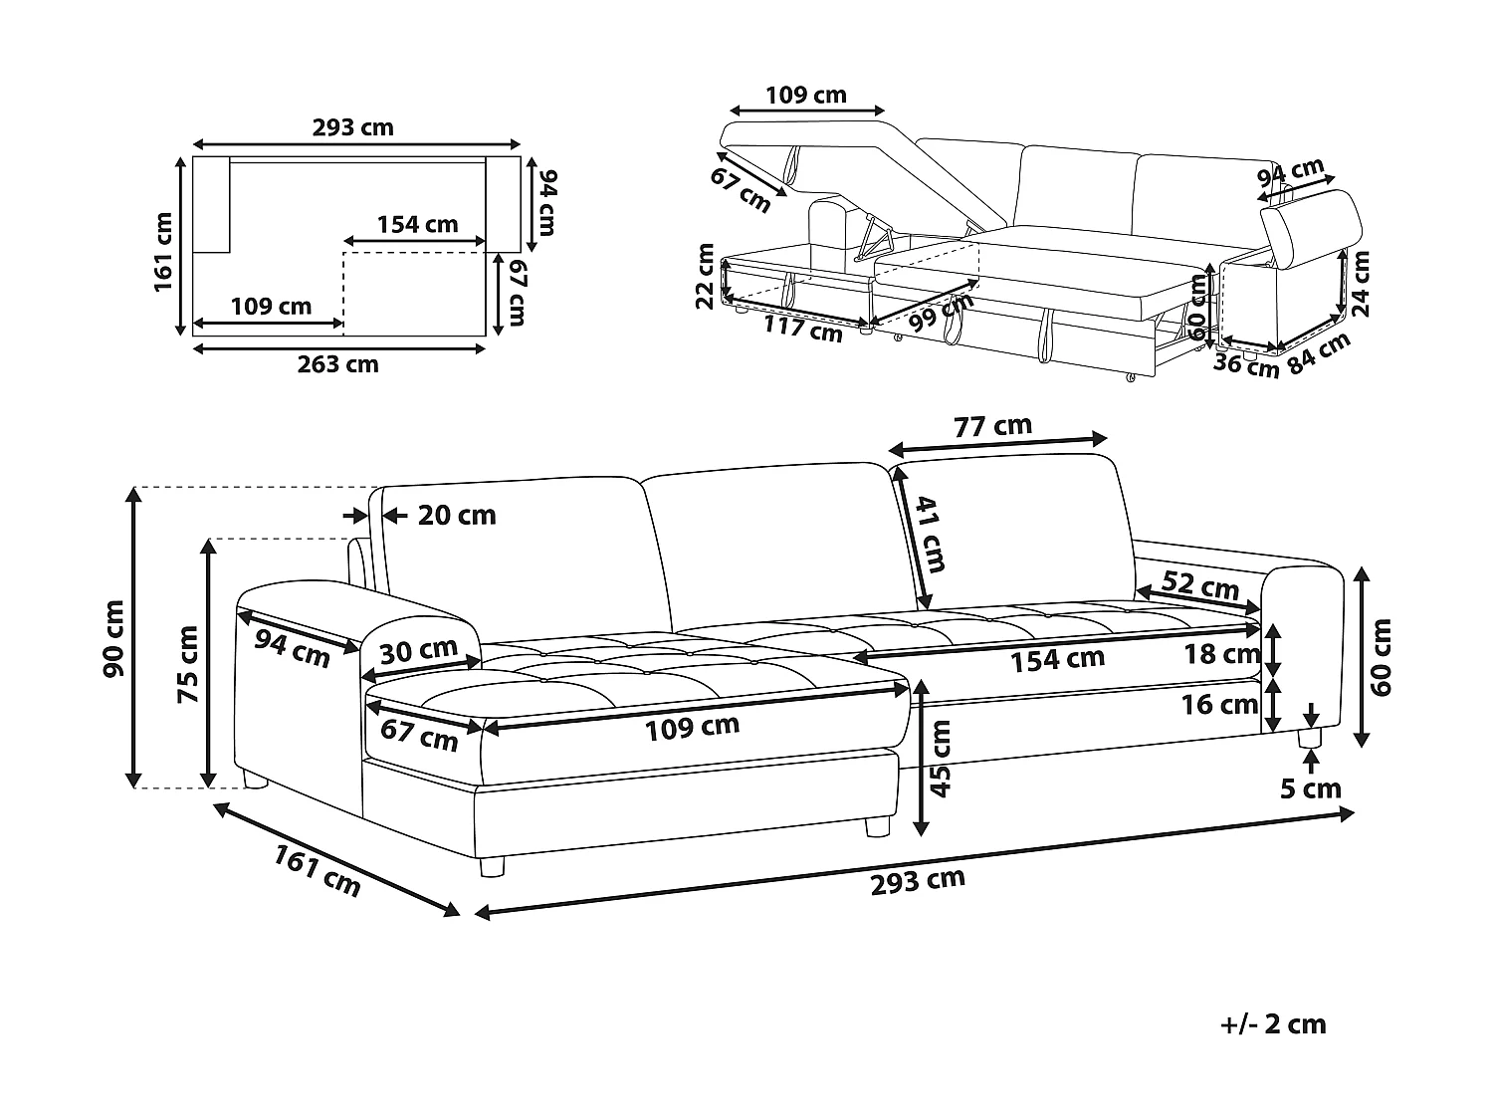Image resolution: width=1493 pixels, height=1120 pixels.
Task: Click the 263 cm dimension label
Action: (x=337, y=364)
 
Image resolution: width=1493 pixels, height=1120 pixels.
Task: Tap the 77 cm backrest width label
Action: (x=992, y=426)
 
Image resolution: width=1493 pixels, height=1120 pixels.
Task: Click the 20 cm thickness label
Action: (x=456, y=515)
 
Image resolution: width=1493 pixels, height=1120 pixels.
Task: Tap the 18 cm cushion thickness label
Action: (x=1221, y=654)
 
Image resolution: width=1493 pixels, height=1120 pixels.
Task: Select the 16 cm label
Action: (x=1219, y=705)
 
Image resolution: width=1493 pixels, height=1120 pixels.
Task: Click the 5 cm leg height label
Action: (x=1311, y=789)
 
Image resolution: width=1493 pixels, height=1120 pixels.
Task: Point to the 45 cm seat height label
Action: (x=941, y=759)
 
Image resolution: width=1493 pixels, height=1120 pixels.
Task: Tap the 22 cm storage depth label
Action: (x=706, y=275)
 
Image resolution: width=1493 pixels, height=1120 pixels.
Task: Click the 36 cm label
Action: (x=1245, y=366)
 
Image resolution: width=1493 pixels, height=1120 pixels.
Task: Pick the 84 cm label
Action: (x=1320, y=352)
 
